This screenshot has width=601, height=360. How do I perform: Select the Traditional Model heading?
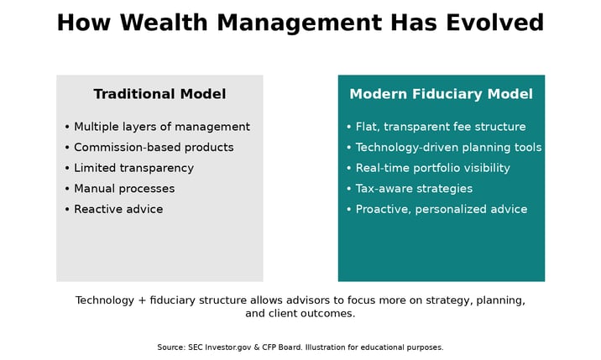coord(159,94)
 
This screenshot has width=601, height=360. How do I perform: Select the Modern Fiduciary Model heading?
coord(441,94)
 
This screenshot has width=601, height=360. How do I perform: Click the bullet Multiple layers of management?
coord(161,127)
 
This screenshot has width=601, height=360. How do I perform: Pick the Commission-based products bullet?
coord(154,148)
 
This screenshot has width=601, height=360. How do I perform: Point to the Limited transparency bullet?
coord(133,168)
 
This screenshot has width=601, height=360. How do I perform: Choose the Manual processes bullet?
coord(124,189)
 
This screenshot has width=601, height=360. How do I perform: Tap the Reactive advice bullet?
coord(118,209)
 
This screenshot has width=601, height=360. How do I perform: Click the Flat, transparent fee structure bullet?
coord(440,127)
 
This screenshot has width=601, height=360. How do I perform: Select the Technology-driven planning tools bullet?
coord(448,148)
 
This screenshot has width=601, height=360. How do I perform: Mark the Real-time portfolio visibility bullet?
coord(432,168)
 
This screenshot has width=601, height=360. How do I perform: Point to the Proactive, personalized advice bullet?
coord(441,209)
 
